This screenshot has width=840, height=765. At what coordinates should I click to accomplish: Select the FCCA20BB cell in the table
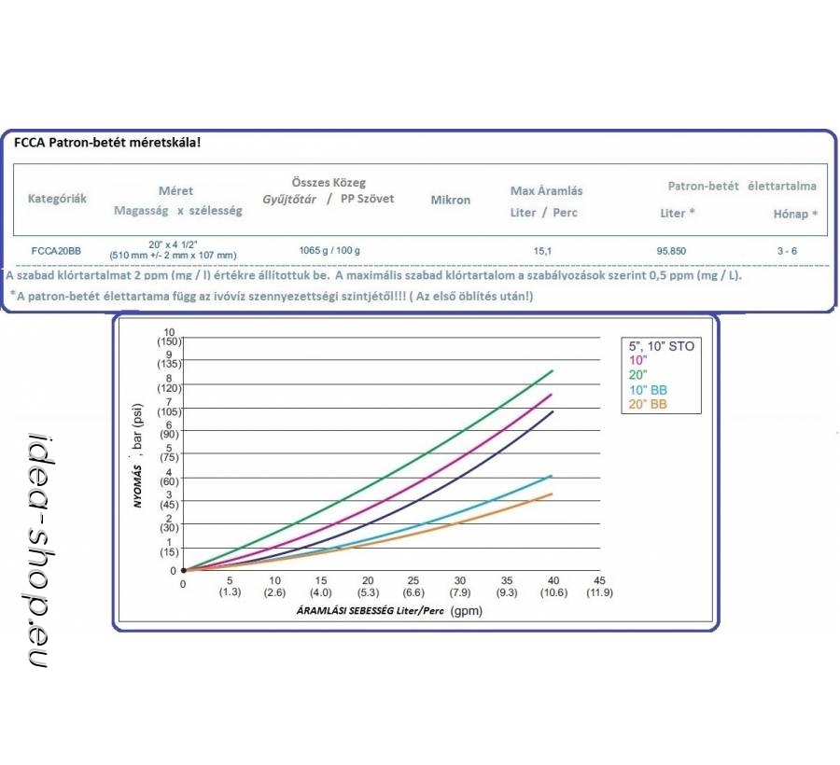click(55, 251)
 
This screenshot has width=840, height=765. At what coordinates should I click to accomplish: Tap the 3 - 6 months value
click(789, 251)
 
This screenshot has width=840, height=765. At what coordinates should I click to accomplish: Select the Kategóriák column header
click(58, 200)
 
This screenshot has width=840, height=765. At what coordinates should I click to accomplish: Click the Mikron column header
click(450, 200)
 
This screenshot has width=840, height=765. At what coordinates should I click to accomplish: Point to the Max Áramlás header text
click(546, 190)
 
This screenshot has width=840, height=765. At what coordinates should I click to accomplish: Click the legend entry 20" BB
click(647, 404)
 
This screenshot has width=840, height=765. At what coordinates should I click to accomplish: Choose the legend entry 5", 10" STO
click(661, 346)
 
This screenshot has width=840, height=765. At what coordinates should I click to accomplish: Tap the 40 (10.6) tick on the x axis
click(553, 587)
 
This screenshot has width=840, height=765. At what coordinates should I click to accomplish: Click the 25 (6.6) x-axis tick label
click(413, 587)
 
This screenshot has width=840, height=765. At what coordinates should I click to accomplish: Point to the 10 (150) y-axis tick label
click(168, 338)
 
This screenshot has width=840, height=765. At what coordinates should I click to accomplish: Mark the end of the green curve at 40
click(553, 370)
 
